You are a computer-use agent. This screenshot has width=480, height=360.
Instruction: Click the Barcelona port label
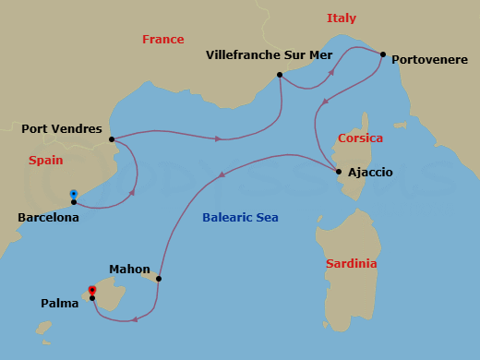pos(48,219)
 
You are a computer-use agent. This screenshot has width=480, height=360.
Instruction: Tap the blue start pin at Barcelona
pos(74,194)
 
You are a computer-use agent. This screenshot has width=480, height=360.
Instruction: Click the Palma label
pos(59,303)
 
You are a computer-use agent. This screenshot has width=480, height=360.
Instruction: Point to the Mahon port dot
pos(159,279)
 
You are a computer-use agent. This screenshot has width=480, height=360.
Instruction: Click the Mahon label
pos(129,270)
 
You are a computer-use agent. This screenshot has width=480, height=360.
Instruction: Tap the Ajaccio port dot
pos(339,173)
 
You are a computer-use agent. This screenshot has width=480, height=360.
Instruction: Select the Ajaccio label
pos(370,173)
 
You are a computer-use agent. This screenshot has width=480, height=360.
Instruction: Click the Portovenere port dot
pos(382,54)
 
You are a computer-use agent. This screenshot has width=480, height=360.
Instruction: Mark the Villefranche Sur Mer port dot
pos(279,75)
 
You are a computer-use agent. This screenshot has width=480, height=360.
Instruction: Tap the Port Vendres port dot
pos(112,140)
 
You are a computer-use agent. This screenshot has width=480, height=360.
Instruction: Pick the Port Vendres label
pos(62,128)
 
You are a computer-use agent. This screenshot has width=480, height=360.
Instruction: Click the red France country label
pos(162,40)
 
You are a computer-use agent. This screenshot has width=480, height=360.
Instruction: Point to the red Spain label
pos(45,160)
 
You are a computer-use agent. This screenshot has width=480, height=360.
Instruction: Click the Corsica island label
pos(360,138)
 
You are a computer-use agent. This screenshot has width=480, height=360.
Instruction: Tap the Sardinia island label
pos(352,264)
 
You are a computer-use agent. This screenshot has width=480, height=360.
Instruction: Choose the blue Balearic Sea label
pos(240,218)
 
